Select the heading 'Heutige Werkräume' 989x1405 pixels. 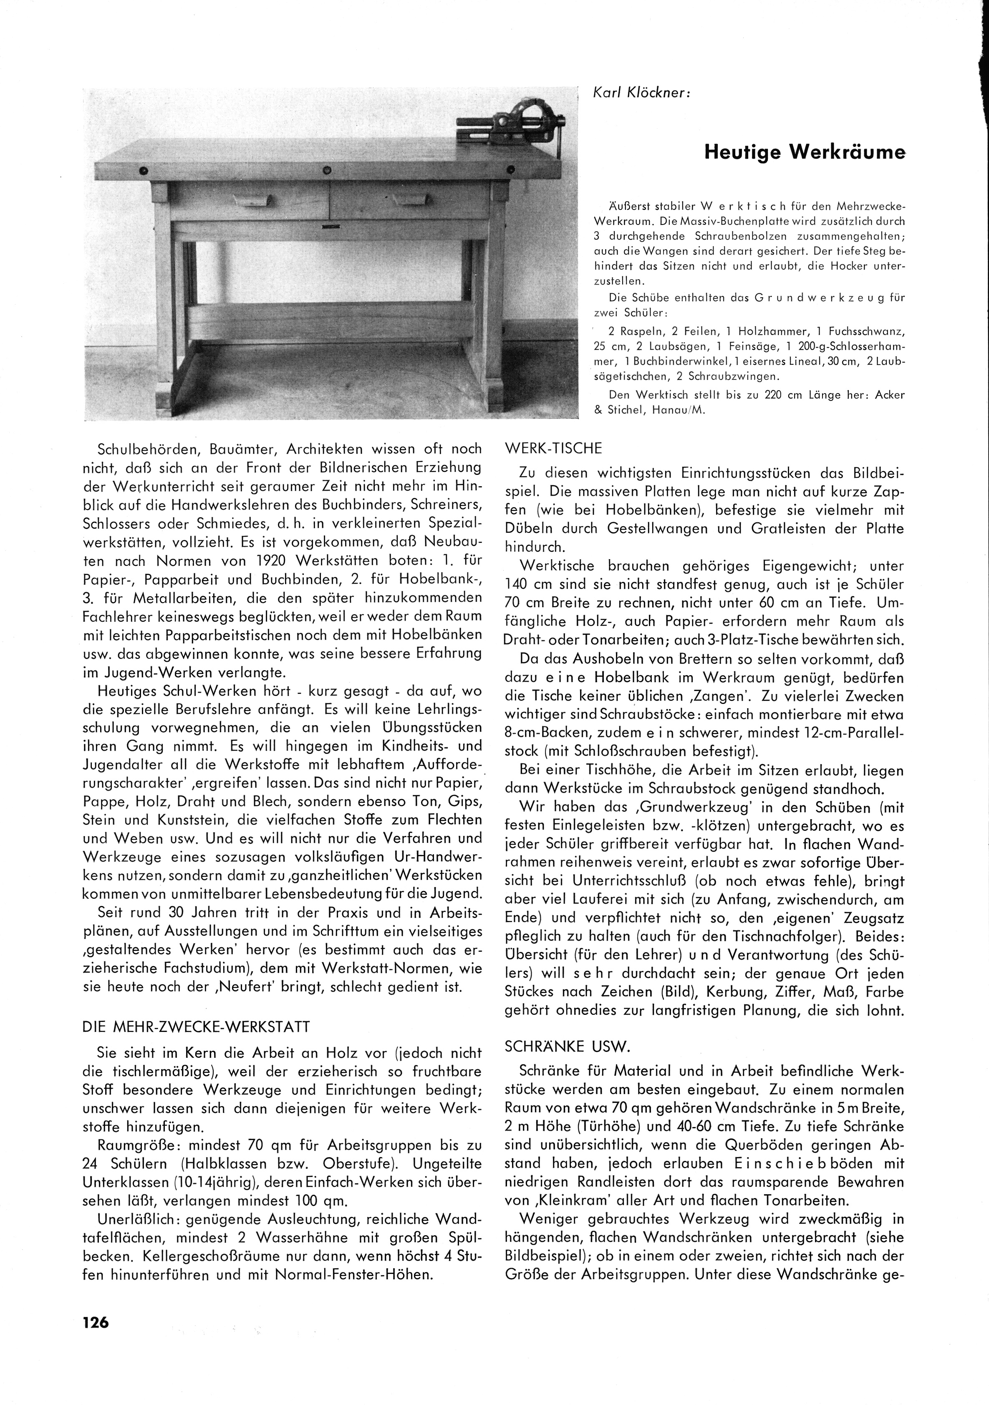tap(804, 152)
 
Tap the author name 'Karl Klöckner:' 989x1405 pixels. tap(642, 93)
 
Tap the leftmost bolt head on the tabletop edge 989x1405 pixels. tap(144, 171)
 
